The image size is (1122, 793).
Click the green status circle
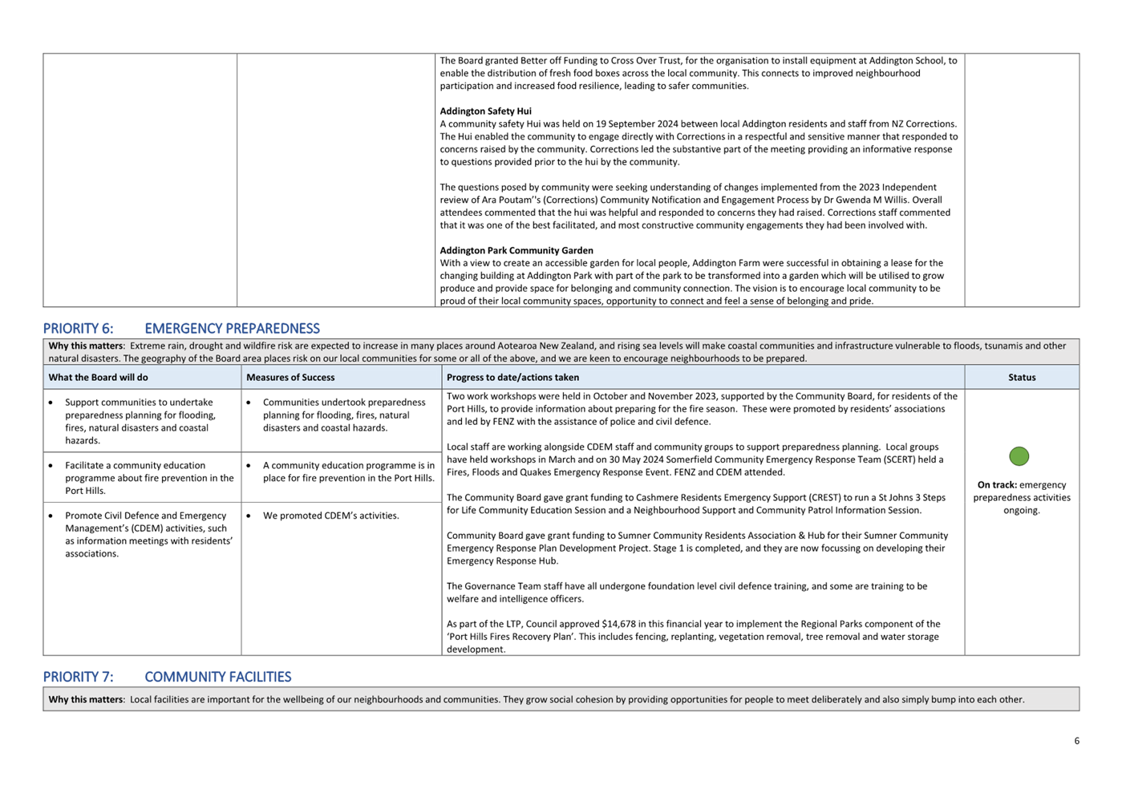(x=1019, y=456)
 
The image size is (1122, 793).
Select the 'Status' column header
(x=1022, y=378)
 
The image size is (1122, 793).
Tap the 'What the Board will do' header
(x=98, y=378)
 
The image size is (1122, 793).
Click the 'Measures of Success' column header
(x=290, y=378)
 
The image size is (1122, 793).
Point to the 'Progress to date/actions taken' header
(x=512, y=378)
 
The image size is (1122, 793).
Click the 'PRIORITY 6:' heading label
(x=78, y=329)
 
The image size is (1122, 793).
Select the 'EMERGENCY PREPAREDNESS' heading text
(x=232, y=329)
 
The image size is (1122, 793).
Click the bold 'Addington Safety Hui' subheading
(x=485, y=111)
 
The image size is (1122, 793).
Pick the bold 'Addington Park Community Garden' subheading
(x=516, y=251)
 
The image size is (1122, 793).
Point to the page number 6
(x=1076, y=741)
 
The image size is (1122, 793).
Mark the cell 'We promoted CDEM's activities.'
(x=330, y=516)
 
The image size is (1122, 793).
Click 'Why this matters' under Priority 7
(x=85, y=700)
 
